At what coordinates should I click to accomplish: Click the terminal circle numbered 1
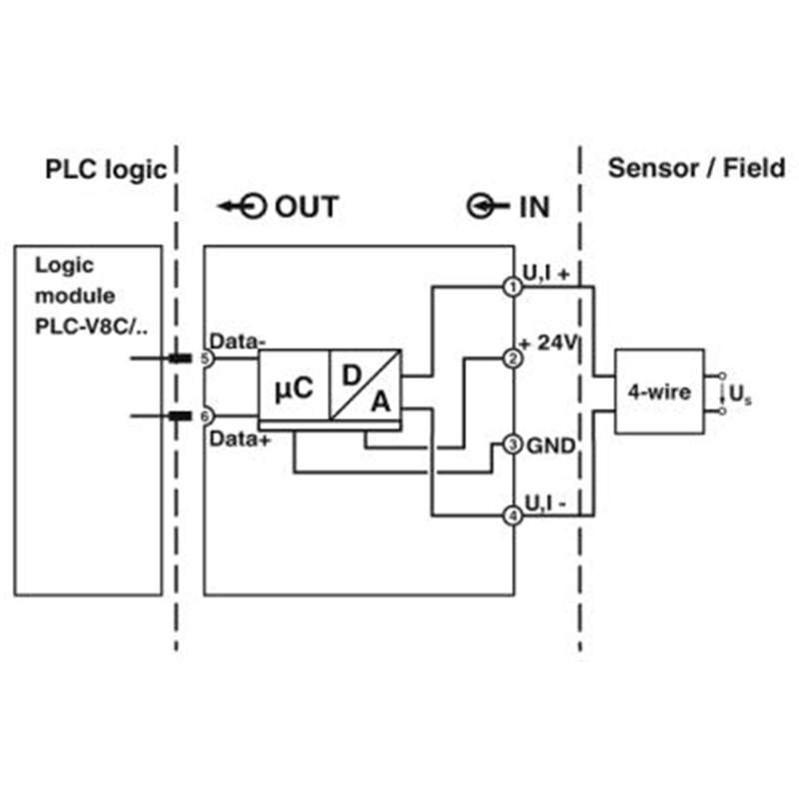pos(512,287)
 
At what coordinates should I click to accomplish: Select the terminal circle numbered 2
pos(512,359)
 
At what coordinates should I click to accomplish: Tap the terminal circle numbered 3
pos(512,444)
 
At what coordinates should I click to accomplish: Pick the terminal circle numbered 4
pos(512,516)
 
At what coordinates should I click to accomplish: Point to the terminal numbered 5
pos(206,359)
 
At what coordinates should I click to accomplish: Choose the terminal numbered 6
pos(206,416)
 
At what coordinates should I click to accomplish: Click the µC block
pos(294,386)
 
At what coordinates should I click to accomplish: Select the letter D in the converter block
pos(352,376)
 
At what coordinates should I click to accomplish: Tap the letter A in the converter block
pos(381,401)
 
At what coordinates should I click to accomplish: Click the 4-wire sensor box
pos(660,392)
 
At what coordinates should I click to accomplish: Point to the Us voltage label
pos(740,394)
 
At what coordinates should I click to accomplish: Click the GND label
pos(551,445)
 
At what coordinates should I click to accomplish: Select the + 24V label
pos(548,343)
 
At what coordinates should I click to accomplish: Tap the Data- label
pos(237,342)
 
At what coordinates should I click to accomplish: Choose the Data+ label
pos(240,438)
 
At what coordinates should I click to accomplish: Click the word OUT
pos(307,207)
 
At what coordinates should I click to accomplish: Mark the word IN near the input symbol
pos(534,207)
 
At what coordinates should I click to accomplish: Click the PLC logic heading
pos(106,170)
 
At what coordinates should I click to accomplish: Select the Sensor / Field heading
pos(696,168)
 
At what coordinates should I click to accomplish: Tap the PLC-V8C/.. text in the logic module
pos(91,327)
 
